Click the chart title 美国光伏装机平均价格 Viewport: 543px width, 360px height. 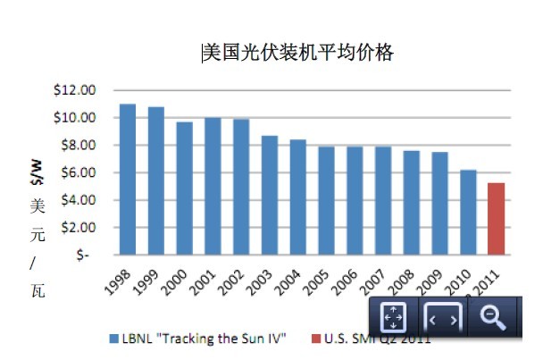click(297, 53)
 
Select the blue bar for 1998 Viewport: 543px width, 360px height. click(128, 179)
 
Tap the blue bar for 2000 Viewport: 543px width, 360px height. click(184, 188)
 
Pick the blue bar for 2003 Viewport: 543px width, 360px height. click(270, 195)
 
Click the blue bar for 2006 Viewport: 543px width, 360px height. click(355, 200)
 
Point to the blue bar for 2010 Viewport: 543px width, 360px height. click(468, 212)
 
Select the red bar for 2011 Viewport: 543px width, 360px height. click(497, 218)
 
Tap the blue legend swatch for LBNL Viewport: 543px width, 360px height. click(113, 339)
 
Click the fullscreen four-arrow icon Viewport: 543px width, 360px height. click(394, 317)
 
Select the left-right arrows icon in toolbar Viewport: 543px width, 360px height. click(443, 317)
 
